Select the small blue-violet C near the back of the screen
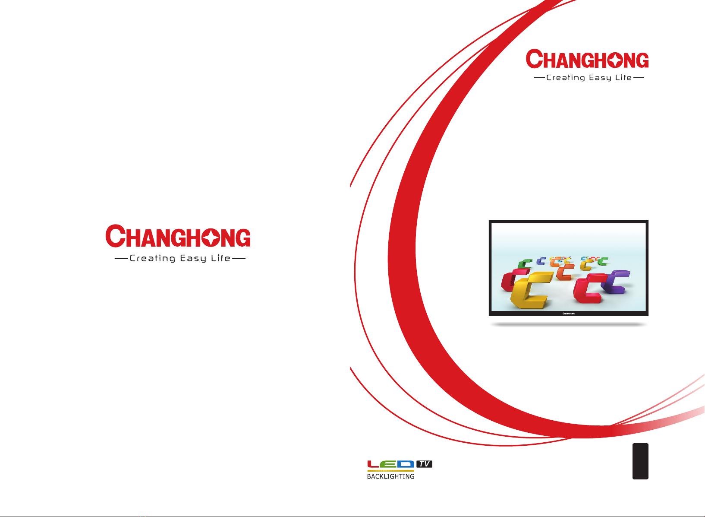(541, 261)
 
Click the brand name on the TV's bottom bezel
(568, 314)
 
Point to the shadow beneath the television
(568, 324)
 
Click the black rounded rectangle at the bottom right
(640, 461)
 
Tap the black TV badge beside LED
(424, 464)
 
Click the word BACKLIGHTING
(390, 476)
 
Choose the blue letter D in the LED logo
(406, 464)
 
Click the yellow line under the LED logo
(390, 471)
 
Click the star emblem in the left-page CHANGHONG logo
(211, 238)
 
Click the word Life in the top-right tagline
(623, 77)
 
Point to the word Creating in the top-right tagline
(566, 78)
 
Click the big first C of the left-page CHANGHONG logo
(116, 236)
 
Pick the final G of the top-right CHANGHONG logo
(642, 60)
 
